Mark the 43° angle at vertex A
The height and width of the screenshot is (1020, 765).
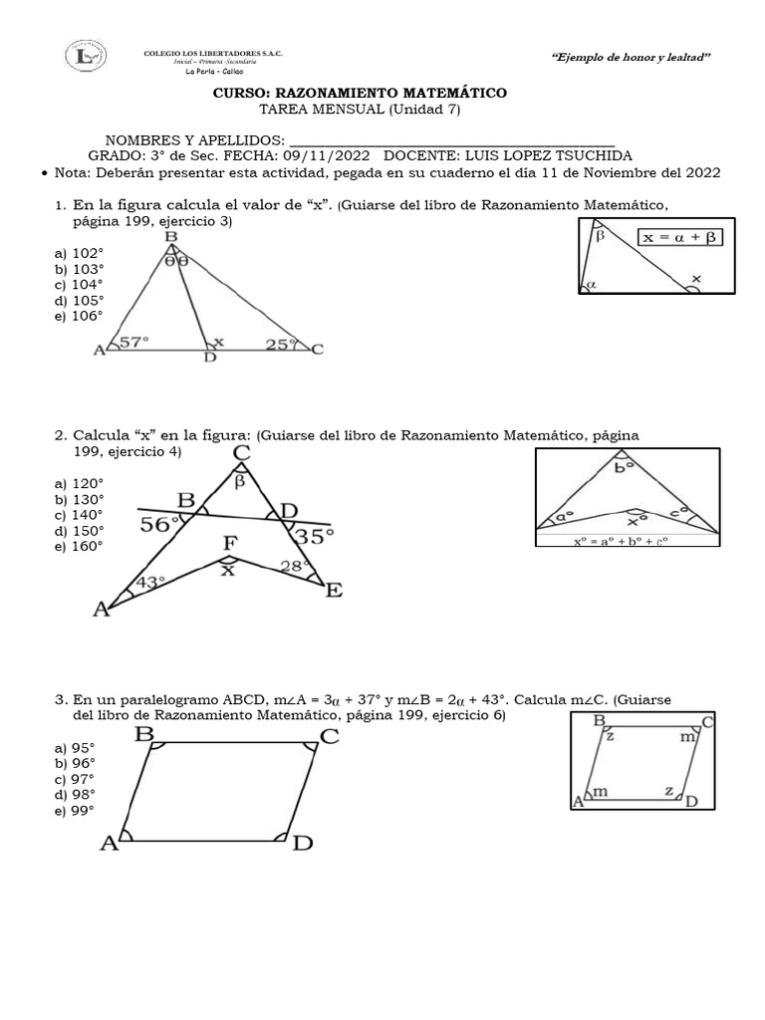[150, 583]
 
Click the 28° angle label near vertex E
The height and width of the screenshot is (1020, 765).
[291, 567]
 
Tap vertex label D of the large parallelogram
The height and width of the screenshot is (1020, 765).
[303, 844]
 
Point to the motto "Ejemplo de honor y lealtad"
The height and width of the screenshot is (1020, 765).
[631, 59]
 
